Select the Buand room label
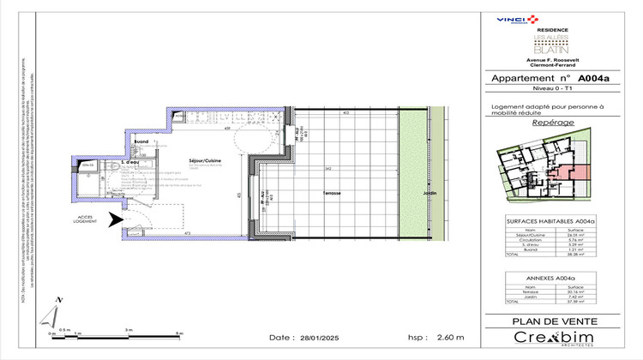(141, 141)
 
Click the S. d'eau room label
(131, 160)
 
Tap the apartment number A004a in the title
(592, 77)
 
